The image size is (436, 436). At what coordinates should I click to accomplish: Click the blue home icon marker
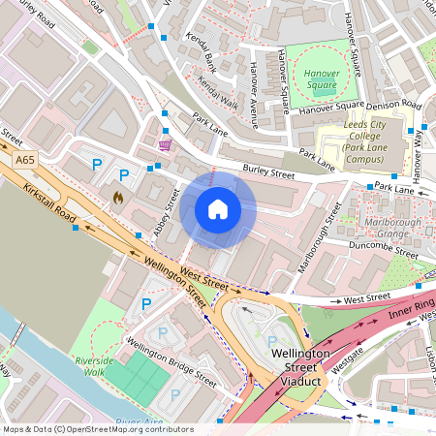click(218, 209)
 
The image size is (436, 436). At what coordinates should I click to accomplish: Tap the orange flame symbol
click(118, 197)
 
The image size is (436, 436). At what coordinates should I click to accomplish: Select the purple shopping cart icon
click(165, 145)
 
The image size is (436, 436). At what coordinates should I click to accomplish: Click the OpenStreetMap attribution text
click(97, 429)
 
